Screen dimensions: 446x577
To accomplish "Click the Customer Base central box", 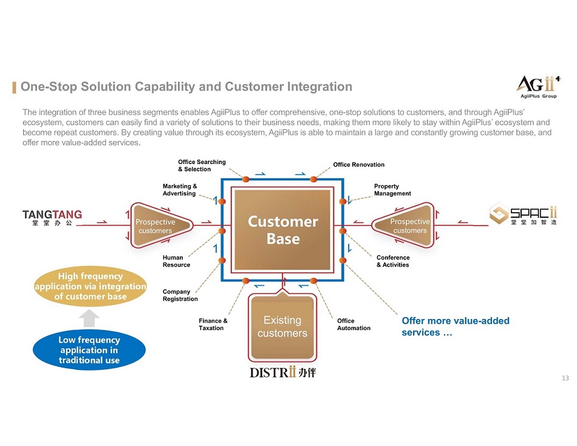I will coord(282,230).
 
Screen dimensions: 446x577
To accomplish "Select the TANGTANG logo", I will coord(52,218).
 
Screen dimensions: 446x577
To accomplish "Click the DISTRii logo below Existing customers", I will coord(282,372).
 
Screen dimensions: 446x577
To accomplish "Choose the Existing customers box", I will coord(282,326).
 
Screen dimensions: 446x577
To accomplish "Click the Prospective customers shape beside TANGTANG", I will coord(157,226).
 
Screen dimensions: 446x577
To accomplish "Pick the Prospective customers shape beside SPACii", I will coord(408,226).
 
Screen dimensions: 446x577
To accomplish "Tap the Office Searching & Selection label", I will coord(202,166).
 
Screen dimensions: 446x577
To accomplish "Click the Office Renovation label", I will coord(358,165).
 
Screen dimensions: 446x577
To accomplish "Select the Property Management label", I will coord(392,190).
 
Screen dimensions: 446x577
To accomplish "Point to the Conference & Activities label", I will coord(393,261).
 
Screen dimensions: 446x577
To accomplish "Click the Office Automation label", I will coord(353,324).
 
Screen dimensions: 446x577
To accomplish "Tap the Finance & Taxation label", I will coord(213,324).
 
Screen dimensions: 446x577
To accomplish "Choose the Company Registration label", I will coord(180,295).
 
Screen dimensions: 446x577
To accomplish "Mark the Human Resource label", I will coord(176,261).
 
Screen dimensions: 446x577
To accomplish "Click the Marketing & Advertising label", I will coord(179,190).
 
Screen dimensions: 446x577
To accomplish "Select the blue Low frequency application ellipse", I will coord(89,351).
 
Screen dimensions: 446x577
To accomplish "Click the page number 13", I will coord(565,379).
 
